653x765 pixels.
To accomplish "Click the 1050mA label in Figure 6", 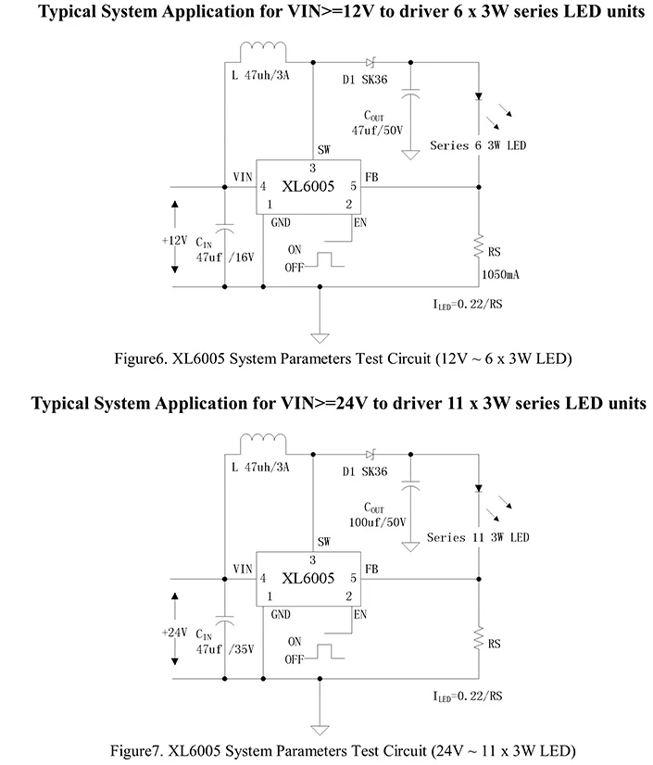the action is (x=500, y=275).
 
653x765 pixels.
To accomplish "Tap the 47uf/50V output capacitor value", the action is (x=377, y=131).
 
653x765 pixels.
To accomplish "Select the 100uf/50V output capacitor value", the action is (x=377, y=522).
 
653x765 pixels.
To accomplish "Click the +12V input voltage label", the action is (x=175, y=241).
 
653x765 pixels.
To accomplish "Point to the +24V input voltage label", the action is (x=175, y=633).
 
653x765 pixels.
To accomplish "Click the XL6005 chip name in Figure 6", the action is (x=308, y=186).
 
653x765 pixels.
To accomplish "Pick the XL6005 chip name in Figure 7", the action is (x=308, y=578).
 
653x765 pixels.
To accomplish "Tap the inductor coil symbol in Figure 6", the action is (x=263, y=46).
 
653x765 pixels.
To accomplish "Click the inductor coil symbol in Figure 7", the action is (x=263, y=439).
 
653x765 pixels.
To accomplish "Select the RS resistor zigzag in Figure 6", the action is (x=479, y=246).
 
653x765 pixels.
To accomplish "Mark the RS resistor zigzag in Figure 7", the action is (x=479, y=639).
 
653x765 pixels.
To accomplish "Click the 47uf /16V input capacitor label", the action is (x=225, y=257).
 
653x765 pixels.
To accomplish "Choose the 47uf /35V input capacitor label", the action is (x=225, y=649).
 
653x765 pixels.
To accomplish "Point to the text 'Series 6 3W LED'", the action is (x=478, y=145).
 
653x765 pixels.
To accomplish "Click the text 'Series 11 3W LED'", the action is (x=478, y=538).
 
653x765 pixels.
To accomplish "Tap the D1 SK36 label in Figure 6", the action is (x=365, y=80).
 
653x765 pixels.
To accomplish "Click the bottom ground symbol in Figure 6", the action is (x=320, y=338).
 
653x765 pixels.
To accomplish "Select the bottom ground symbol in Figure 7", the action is (x=320, y=731).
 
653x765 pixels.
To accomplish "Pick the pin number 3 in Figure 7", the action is (x=312, y=560).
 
